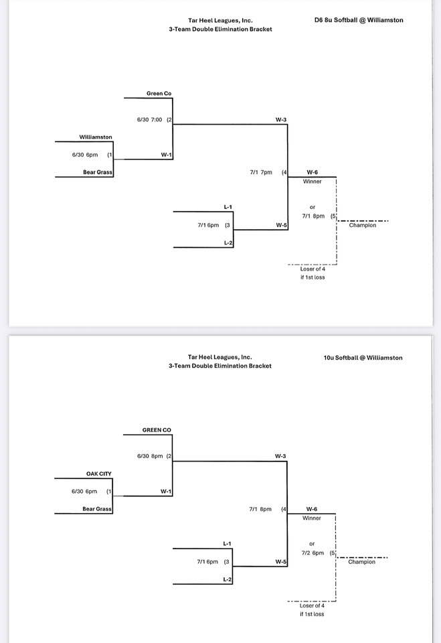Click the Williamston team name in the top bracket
click(x=96, y=137)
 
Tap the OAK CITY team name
click(x=99, y=474)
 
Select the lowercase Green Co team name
click(x=159, y=94)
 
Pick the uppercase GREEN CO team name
click(x=157, y=430)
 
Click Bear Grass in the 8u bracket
click(x=98, y=172)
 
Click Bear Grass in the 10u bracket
click(x=98, y=509)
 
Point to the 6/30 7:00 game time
click(x=150, y=120)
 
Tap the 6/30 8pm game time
click(x=150, y=456)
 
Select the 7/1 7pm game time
click(x=261, y=172)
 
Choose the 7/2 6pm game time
click(x=313, y=553)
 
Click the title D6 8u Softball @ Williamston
click(x=359, y=20)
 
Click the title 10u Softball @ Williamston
click(x=363, y=358)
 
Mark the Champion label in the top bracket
click(x=363, y=226)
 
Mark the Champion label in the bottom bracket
click(x=362, y=562)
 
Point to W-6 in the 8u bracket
click(x=312, y=172)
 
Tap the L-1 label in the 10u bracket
click(x=228, y=543)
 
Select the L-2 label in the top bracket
click(x=228, y=242)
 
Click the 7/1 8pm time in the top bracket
click(x=313, y=216)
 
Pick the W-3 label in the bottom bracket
click(x=281, y=456)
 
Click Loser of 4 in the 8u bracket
click(x=312, y=269)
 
